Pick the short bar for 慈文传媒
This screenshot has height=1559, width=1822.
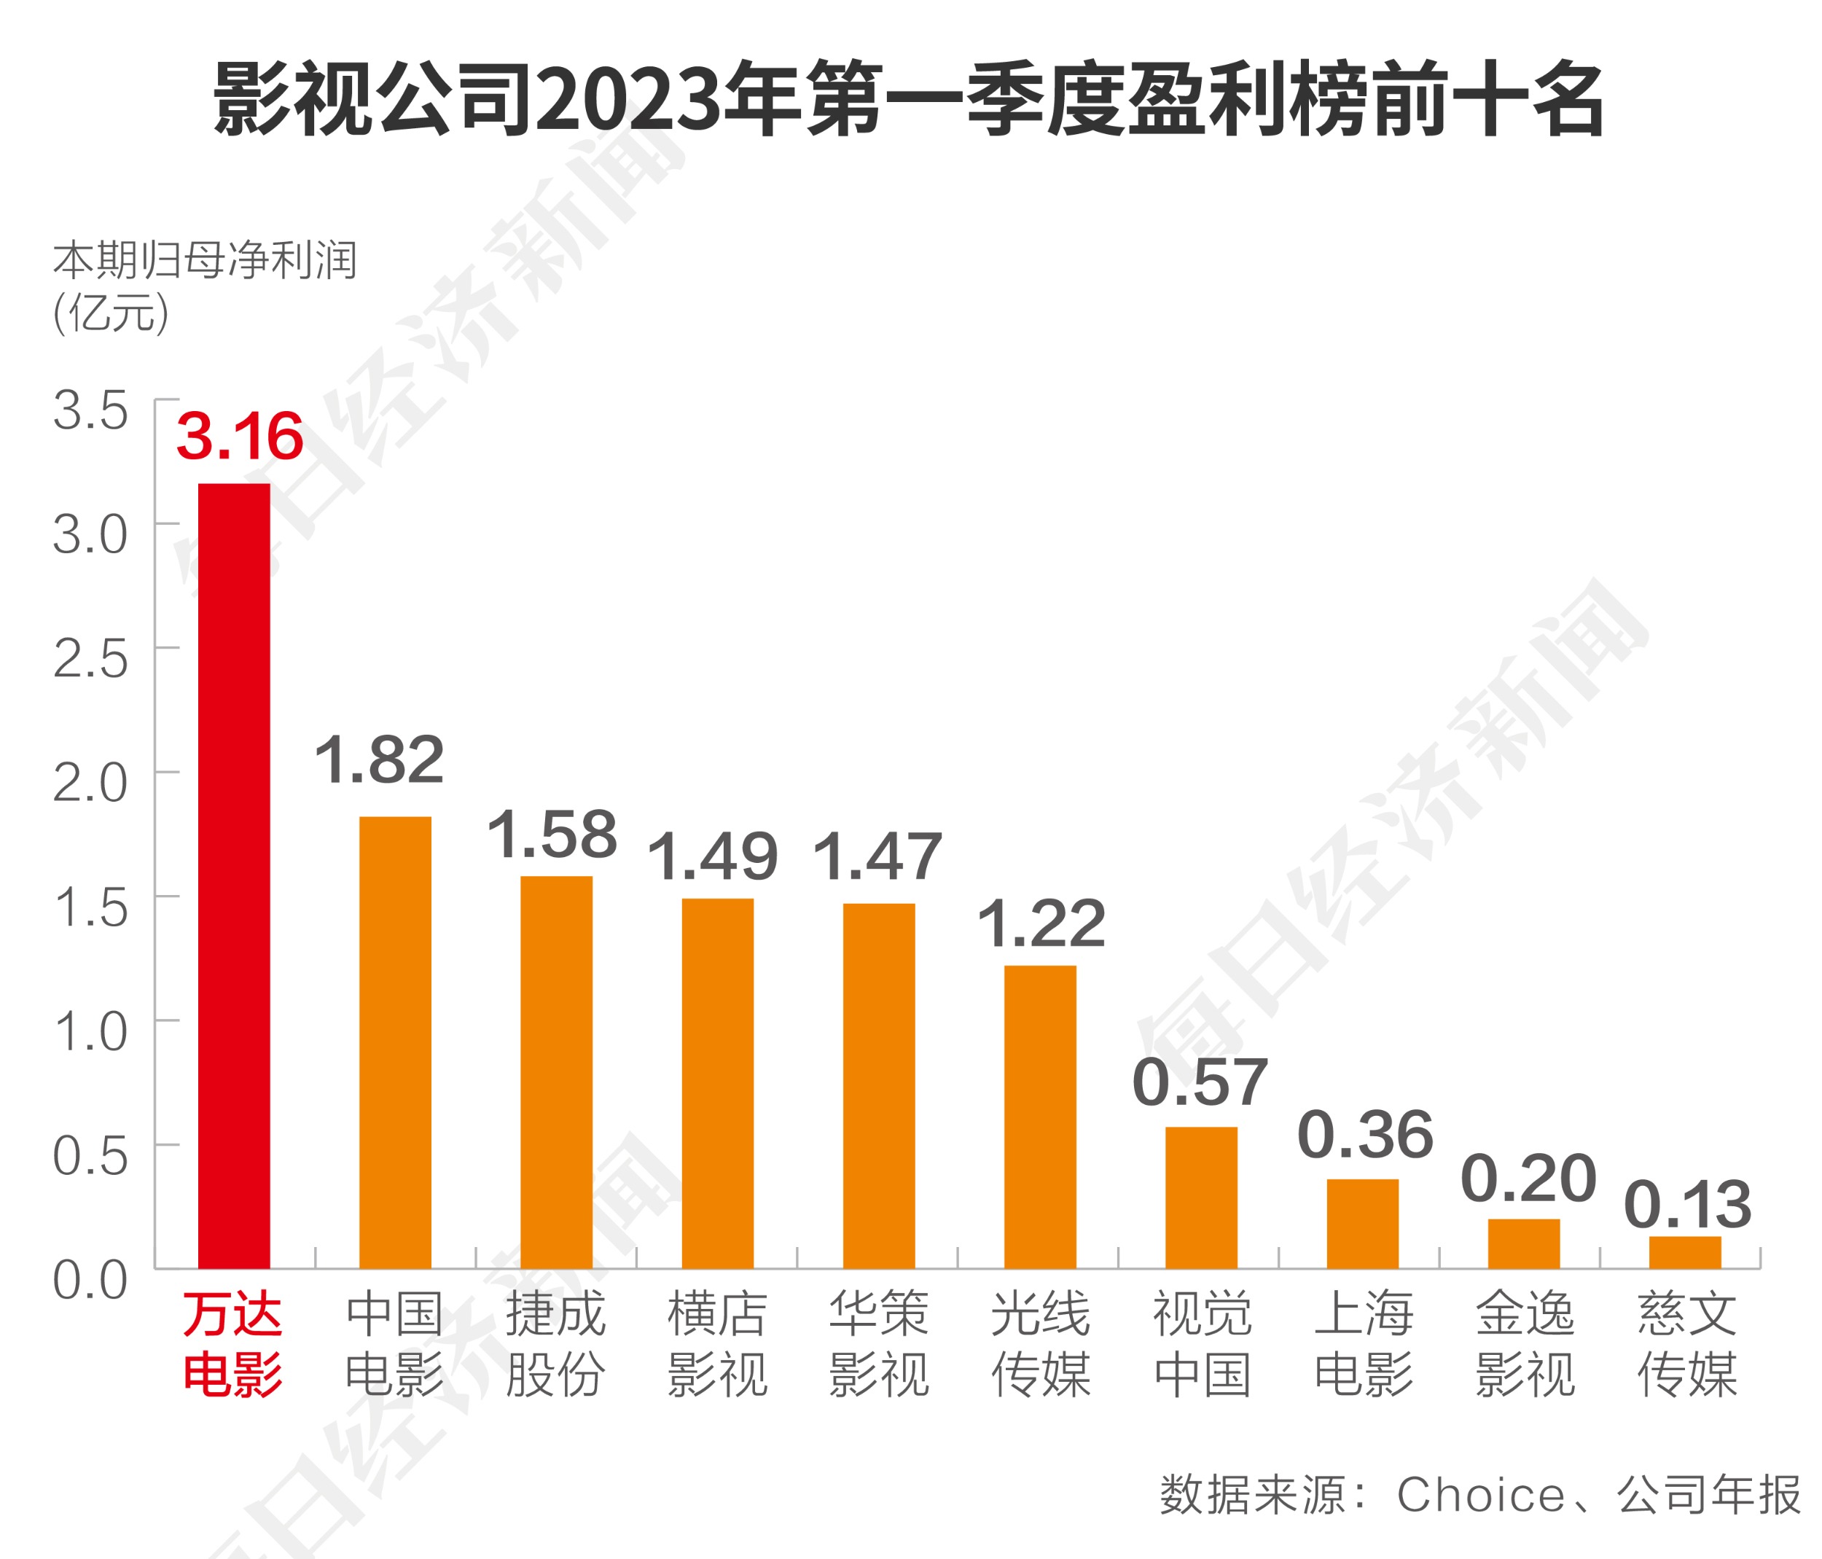click(1685, 1252)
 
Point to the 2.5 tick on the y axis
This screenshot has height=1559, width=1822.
click(90, 659)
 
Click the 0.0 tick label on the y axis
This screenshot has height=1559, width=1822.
click(90, 1281)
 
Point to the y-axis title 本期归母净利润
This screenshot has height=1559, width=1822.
click(205, 260)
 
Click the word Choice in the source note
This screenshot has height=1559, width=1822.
click(1481, 1495)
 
